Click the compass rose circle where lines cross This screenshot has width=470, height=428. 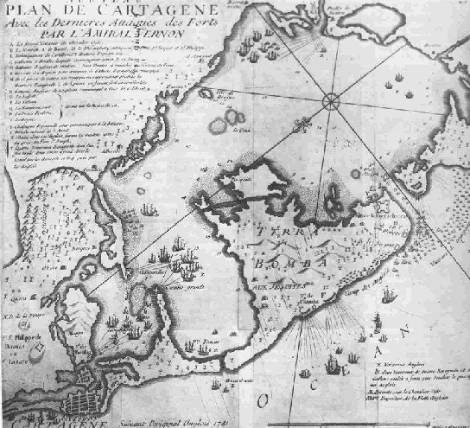click(332, 102)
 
